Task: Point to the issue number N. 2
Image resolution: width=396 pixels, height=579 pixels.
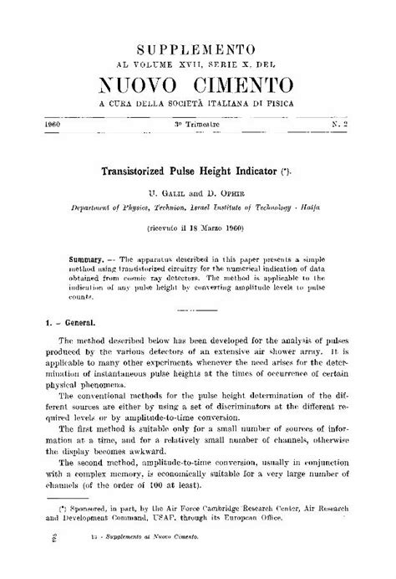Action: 339,123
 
